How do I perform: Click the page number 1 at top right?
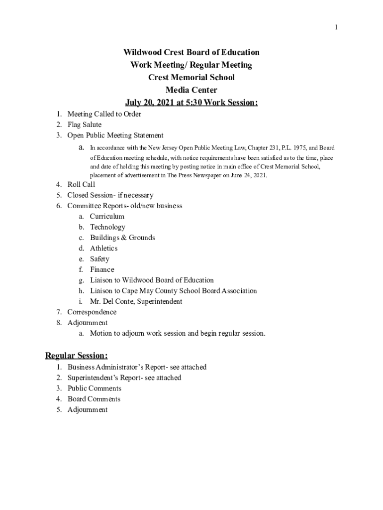click(x=336, y=27)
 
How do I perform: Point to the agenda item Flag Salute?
click(x=85, y=125)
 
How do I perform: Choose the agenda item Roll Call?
click(x=81, y=184)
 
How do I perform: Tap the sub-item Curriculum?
click(x=107, y=217)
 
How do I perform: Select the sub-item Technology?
click(x=107, y=227)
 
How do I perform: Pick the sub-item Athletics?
click(x=103, y=248)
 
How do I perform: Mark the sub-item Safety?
click(x=99, y=259)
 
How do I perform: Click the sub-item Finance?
click(x=102, y=269)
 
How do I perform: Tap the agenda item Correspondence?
click(x=92, y=312)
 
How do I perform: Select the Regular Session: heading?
click(x=77, y=356)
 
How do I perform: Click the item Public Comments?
click(x=95, y=388)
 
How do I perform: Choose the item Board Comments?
click(x=94, y=399)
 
